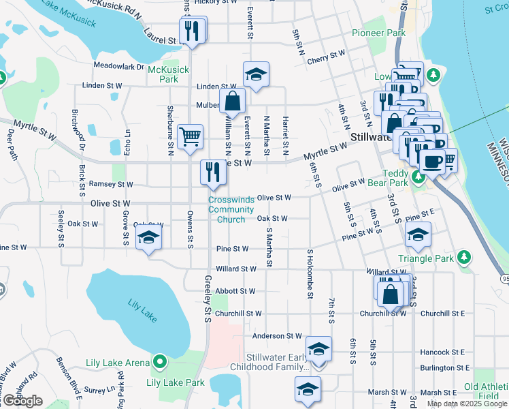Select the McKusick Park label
tap(163, 74)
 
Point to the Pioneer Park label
tap(378, 33)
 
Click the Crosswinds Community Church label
tap(231, 209)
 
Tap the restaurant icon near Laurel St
tap(192, 31)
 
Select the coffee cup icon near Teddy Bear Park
tap(431, 162)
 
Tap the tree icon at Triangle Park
tap(464, 256)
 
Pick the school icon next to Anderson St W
tap(318, 348)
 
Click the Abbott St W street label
tap(235, 291)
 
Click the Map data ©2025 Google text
tap(466, 404)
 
